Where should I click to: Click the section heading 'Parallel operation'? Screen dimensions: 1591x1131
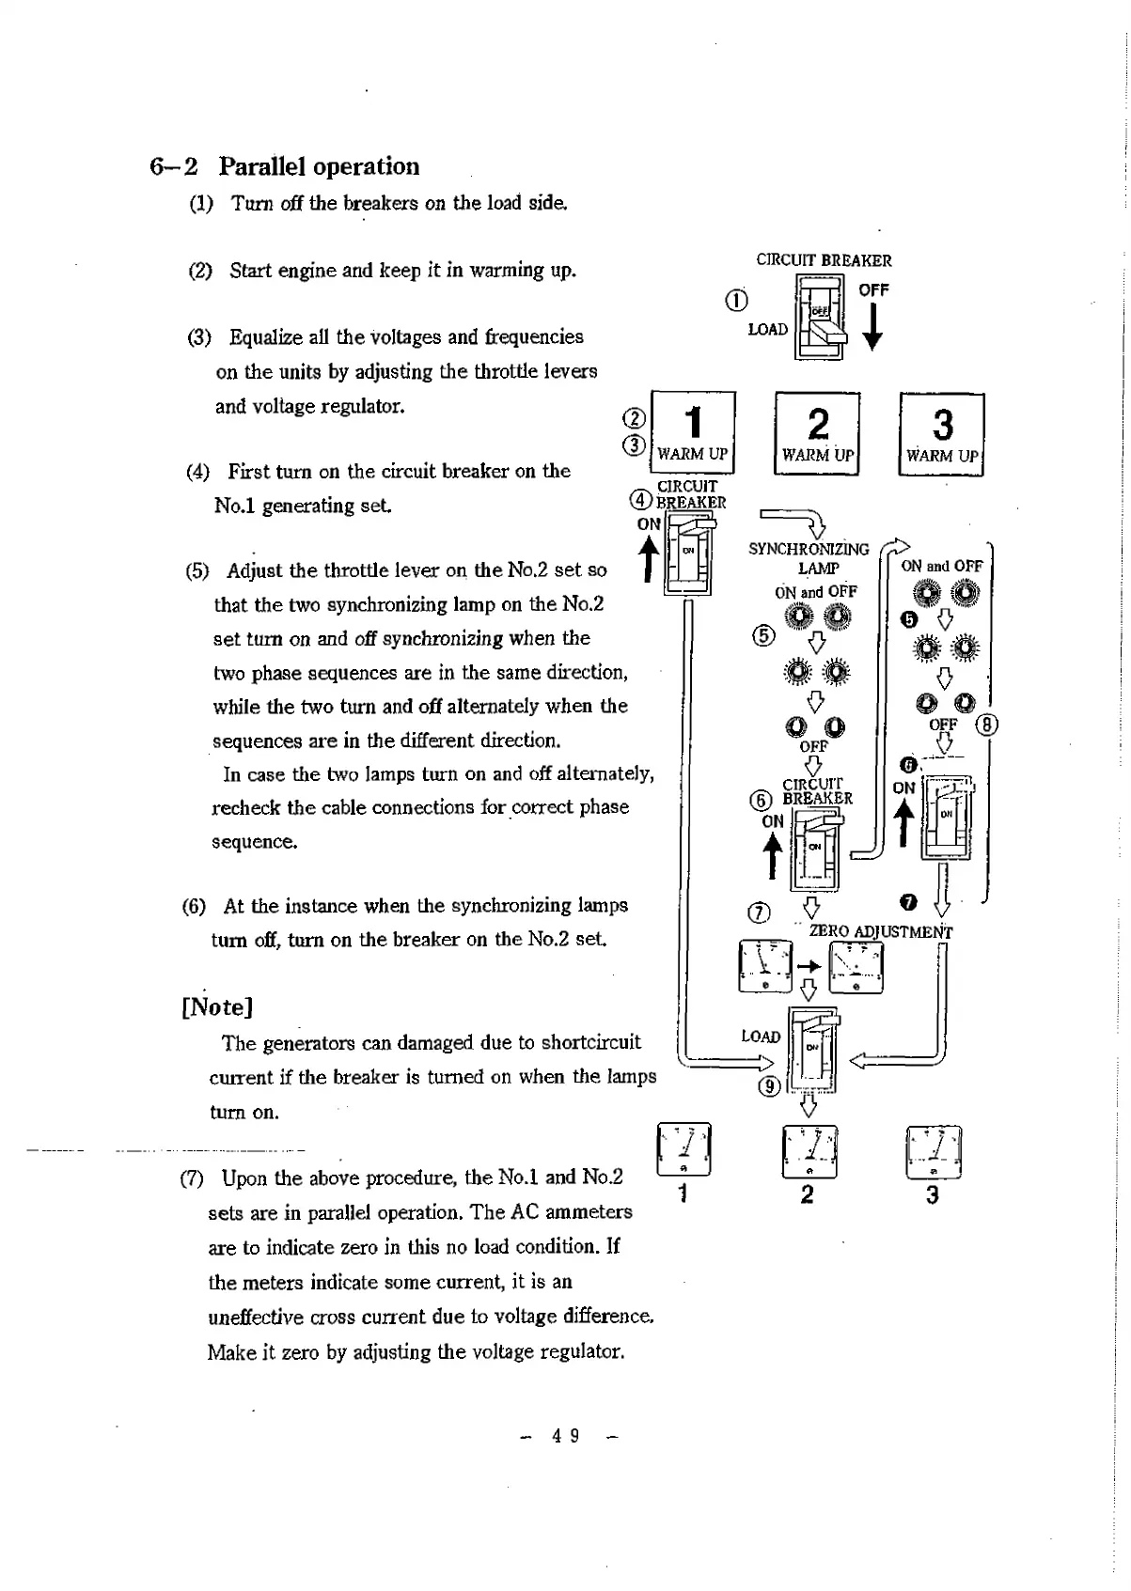click(x=319, y=167)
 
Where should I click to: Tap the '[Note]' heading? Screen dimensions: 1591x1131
click(x=217, y=1007)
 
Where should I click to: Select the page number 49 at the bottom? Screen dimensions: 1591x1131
click(x=565, y=1435)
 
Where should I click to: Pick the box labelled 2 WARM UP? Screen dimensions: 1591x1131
click(x=818, y=434)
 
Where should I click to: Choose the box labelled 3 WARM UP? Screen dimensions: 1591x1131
click(x=942, y=435)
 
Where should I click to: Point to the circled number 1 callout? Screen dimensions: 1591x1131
click(x=737, y=300)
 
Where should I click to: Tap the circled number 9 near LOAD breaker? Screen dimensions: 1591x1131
click(x=771, y=1086)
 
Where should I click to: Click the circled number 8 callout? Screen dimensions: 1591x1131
click(x=987, y=725)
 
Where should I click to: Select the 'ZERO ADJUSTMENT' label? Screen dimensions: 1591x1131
click(x=881, y=932)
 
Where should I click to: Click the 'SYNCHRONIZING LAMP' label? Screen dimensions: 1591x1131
click(x=809, y=558)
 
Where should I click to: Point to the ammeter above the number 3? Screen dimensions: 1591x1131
click(x=933, y=1152)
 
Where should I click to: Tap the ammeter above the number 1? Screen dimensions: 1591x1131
click(x=683, y=1149)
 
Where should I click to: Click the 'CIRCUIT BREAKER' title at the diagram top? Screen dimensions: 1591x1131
click(x=824, y=260)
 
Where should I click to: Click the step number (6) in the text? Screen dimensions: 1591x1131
click(x=194, y=907)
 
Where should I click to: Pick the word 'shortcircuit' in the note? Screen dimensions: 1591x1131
click(x=591, y=1042)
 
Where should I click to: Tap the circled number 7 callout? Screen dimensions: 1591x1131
click(x=758, y=912)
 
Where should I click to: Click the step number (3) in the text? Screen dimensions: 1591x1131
click(x=199, y=337)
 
